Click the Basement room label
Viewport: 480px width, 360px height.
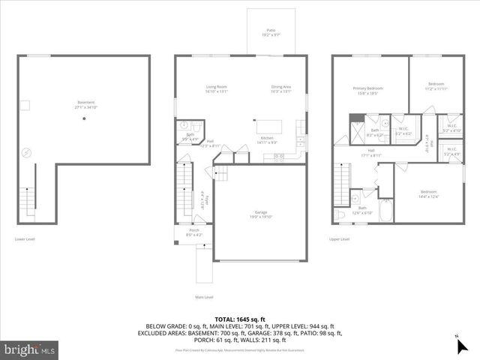87,104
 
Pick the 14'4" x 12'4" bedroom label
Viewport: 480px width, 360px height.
430,193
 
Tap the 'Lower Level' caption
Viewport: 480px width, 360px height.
25,239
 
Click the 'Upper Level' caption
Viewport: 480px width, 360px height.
340,239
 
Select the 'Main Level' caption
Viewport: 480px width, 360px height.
204,296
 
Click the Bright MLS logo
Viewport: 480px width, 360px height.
30,349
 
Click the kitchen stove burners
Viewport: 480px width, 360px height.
280,156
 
